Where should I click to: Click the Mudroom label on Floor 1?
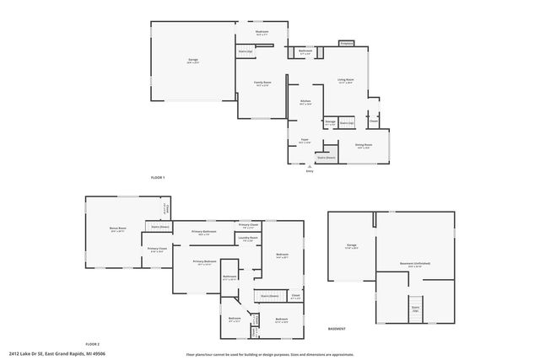click(262, 33)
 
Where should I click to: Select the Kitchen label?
click(305, 102)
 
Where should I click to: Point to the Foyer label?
click(304, 141)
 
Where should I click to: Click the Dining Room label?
click(364, 145)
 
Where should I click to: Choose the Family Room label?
click(262, 83)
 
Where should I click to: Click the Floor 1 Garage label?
click(192, 60)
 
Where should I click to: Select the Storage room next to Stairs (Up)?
click(331, 123)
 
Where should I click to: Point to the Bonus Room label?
click(117, 228)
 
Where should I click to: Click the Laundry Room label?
click(247, 239)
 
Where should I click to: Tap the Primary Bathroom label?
click(204, 232)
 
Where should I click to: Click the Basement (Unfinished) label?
click(415, 264)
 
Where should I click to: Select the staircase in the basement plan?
click(415, 309)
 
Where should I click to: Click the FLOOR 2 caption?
click(92, 344)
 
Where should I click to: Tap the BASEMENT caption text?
click(337, 329)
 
